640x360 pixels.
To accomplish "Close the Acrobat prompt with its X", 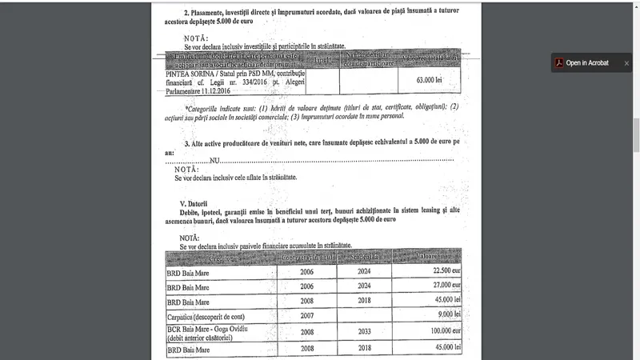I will coord(626,63).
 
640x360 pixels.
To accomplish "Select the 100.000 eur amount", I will coord(443,330).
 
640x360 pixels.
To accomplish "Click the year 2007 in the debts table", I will coord(307,315).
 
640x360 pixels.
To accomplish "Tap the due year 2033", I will coord(364,330).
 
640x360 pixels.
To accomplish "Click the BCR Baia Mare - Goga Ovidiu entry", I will coord(214,328).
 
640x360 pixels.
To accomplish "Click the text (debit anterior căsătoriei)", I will coord(206,338).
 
